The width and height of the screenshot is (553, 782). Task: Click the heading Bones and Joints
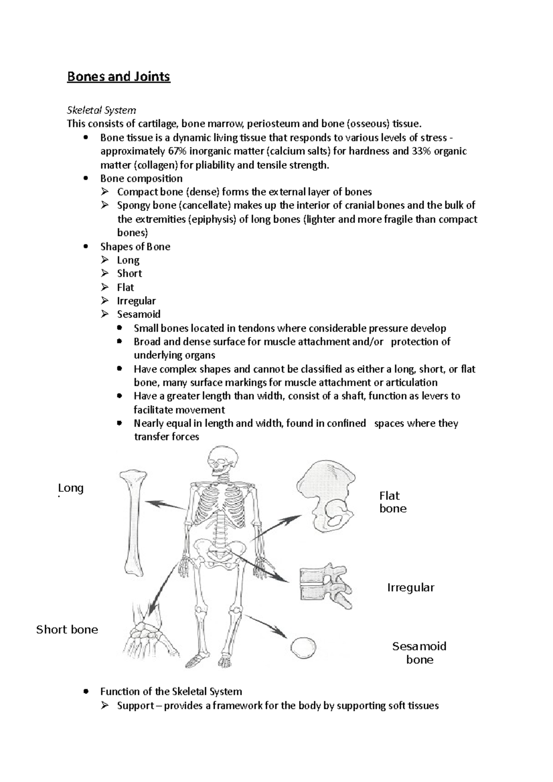pyautogui.click(x=118, y=76)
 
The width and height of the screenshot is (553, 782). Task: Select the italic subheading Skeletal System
pyautogui.click(x=101, y=110)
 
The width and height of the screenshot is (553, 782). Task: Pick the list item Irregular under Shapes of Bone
pyautogui.click(x=136, y=301)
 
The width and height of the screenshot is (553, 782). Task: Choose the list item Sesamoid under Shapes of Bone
pyautogui.click(x=138, y=314)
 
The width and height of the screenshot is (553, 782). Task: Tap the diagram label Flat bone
pyautogui.click(x=393, y=502)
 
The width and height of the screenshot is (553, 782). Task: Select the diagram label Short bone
pyautogui.click(x=67, y=630)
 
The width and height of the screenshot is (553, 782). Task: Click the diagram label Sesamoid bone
pyautogui.click(x=419, y=653)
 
